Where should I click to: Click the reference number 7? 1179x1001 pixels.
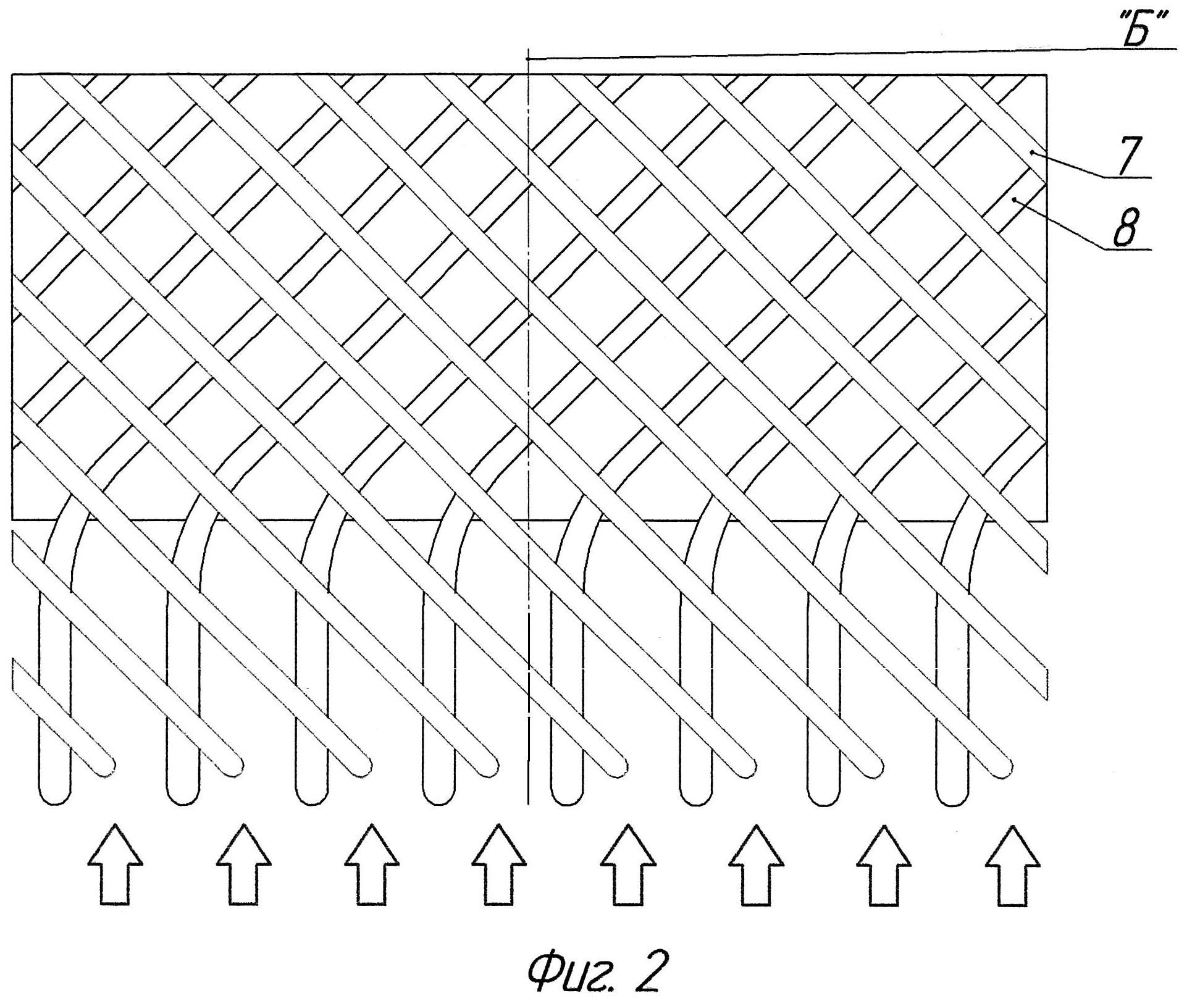[1128, 155]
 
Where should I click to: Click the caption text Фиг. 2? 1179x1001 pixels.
[596, 971]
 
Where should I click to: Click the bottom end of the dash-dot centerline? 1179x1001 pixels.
[529, 803]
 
